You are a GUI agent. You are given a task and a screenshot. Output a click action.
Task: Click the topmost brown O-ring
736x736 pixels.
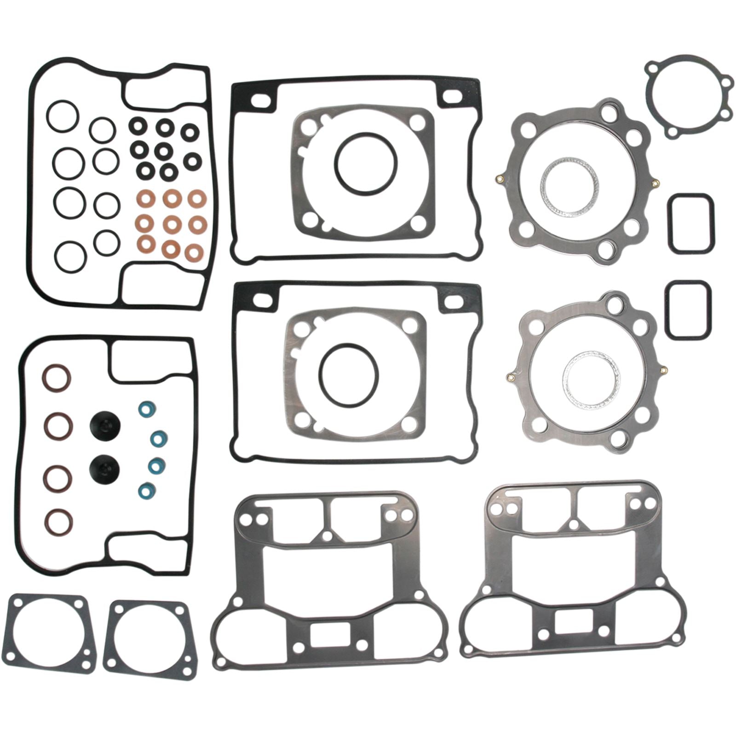click(x=58, y=377)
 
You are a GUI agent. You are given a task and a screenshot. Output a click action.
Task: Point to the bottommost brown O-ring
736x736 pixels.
click(x=60, y=522)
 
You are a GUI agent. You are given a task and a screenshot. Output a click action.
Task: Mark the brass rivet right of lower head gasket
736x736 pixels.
click(x=663, y=369)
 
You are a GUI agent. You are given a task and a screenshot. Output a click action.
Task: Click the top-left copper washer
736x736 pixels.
click(x=146, y=200)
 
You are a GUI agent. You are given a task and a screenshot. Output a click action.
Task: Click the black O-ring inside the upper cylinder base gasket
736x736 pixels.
click(x=365, y=162)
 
